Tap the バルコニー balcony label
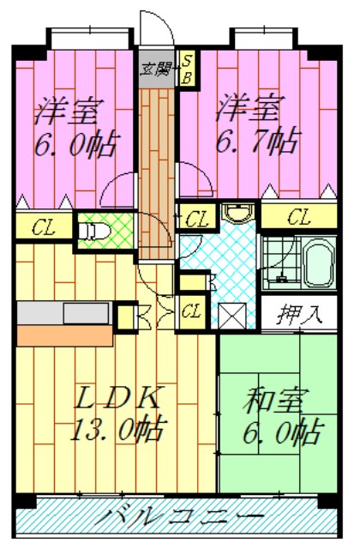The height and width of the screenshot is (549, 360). point(179,518)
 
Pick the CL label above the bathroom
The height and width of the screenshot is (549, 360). point(299,216)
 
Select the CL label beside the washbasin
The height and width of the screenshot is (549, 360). point(196,216)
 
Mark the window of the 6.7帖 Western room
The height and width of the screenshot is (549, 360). point(262,38)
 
